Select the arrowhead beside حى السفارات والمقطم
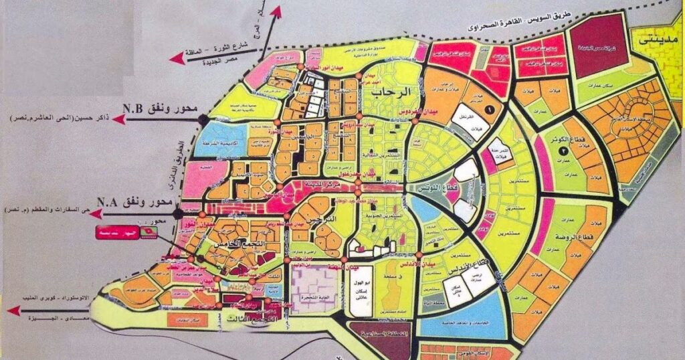(x=96, y=213)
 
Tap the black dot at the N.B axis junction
(x=201, y=119)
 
